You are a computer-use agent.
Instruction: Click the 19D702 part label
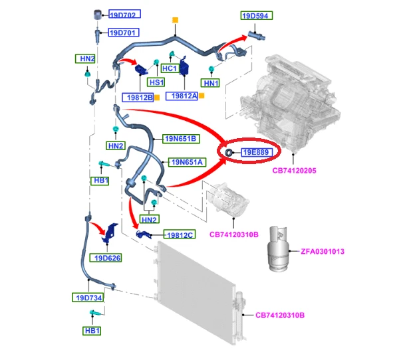(124, 14)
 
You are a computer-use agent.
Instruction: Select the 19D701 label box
(124, 33)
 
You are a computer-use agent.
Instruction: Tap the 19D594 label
(257, 15)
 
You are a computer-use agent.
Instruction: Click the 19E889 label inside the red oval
(257, 152)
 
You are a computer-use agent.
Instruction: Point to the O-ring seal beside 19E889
(229, 153)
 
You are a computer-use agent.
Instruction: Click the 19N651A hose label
(187, 162)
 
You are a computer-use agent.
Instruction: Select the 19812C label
(180, 234)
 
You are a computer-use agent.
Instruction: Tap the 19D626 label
(106, 258)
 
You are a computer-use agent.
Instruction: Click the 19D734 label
(88, 298)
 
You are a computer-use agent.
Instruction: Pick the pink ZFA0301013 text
(323, 251)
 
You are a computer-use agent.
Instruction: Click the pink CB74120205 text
(294, 171)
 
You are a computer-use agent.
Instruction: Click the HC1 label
(170, 68)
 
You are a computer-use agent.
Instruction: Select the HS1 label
(156, 82)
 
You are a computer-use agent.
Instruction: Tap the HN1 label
(210, 83)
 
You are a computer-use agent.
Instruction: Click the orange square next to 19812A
(202, 96)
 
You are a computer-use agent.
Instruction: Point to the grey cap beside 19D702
(97, 15)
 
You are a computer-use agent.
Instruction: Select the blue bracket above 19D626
(110, 232)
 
